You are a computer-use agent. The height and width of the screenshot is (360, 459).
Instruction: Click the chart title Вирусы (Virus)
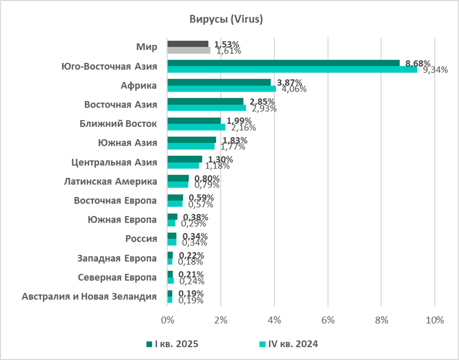[226, 20]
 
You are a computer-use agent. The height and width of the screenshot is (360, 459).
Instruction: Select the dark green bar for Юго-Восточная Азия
[283, 63]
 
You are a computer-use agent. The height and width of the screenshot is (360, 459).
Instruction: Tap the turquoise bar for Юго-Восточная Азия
[292, 69]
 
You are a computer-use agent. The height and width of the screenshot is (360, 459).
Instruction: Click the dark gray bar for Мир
[188, 44]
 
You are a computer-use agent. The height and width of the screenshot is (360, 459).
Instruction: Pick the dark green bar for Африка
[219, 82]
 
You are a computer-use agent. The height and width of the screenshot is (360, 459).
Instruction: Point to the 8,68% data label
[418, 63]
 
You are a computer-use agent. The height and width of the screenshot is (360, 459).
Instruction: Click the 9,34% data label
[435, 70]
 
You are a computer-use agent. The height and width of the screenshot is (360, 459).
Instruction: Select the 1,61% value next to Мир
[228, 51]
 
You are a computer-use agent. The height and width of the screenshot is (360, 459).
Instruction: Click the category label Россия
[141, 238]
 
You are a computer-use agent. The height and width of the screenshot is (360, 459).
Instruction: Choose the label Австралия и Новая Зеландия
[89, 296]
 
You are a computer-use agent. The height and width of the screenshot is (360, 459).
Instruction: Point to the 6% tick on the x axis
[328, 320]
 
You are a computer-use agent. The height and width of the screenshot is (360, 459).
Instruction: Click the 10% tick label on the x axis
[434, 320]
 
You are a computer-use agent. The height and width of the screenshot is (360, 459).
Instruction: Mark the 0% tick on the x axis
[168, 320]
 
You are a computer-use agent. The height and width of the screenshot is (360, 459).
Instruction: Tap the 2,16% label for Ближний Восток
[243, 127]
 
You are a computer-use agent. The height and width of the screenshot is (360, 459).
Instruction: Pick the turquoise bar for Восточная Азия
[206, 108]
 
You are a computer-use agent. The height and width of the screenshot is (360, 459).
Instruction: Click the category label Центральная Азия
[114, 162]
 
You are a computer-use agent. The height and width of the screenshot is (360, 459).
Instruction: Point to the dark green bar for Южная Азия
[191, 140]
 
